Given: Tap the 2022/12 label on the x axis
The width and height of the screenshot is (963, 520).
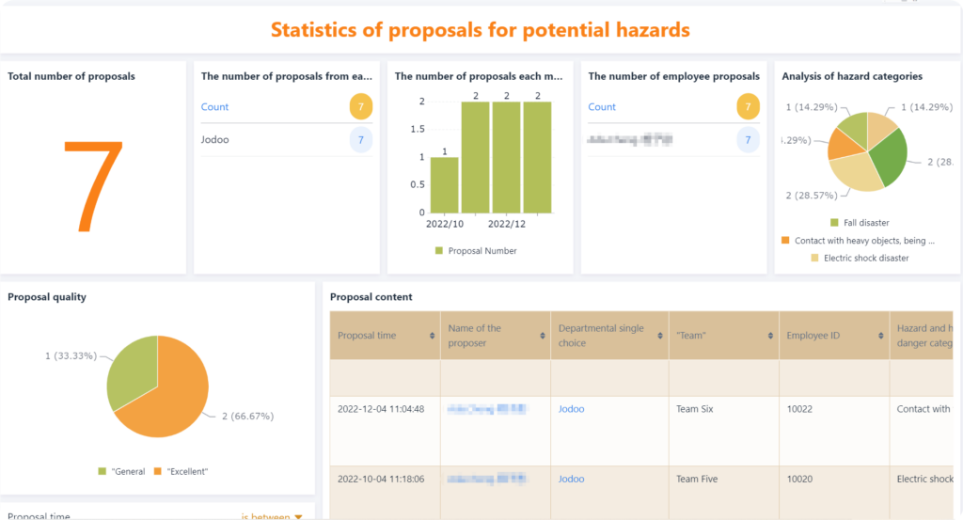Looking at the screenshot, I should (507, 224).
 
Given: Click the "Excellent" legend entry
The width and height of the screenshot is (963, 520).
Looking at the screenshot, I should (184, 471).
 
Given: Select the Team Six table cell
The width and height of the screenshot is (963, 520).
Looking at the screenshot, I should (694, 409).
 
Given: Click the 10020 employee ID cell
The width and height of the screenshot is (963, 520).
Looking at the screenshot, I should (800, 479).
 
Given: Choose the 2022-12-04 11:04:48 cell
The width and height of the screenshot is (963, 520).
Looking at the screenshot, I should (381, 409).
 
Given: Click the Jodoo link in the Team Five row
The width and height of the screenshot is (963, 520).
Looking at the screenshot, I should (571, 479).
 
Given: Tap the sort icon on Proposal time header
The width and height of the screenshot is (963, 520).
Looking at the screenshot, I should (433, 336).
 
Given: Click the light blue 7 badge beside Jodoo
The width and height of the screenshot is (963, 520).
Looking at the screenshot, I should (361, 140).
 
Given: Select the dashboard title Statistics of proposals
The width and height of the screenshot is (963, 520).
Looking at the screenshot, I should (481, 30).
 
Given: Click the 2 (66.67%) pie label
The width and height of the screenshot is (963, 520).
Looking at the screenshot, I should (245, 416).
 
